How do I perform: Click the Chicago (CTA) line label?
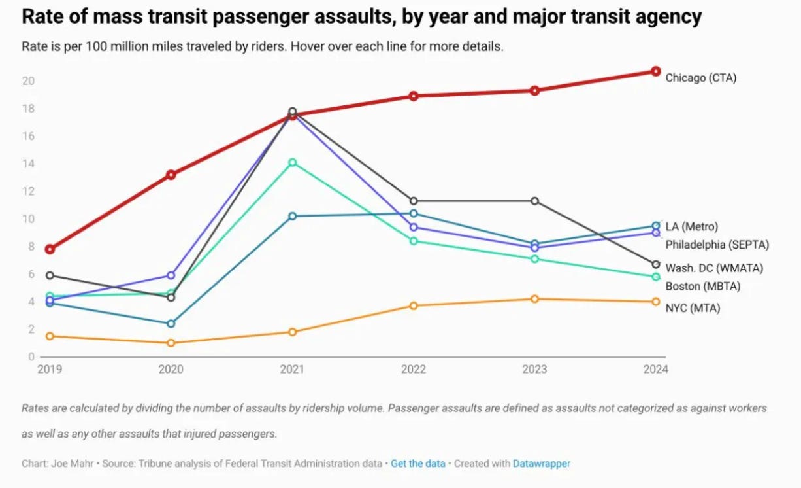coord(700,78)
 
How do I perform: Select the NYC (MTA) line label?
coord(693,308)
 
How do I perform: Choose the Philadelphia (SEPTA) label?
coord(717,245)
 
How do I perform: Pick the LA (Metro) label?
coord(691,226)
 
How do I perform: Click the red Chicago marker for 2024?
coord(655,71)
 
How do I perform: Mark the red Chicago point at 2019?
coord(50,249)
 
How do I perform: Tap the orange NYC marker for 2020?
coord(171,343)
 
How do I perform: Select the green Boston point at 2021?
coord(292,162)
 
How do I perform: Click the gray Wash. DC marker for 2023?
coord(534,201)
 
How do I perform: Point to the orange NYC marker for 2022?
coord(413,305)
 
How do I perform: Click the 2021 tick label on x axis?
coord(292,370)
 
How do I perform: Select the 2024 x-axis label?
coord(655,370)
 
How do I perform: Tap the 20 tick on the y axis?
coord(28,81)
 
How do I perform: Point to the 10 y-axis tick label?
coord(28,219)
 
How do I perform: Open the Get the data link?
coord(418,464)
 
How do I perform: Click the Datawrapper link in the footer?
coord(541,464)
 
